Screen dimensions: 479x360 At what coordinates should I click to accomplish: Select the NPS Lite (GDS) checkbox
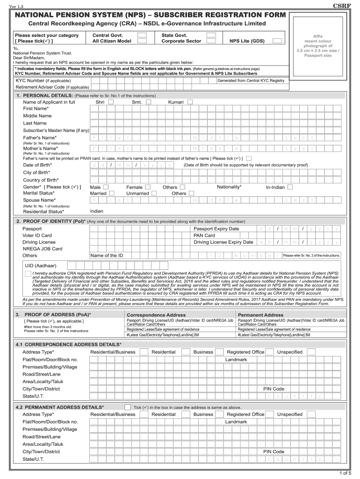tap(278, 41)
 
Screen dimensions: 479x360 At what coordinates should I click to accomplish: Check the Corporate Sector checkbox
tap(211, 41)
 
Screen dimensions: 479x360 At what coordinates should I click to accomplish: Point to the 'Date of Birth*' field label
tap(38, 165)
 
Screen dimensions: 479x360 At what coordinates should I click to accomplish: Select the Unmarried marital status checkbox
tap(155, 193)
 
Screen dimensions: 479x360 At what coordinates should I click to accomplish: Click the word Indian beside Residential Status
tap(97, 211)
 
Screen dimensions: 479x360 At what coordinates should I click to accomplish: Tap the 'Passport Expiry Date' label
tap(216, 229)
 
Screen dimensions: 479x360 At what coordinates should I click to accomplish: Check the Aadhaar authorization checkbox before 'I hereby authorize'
tap(29, 273)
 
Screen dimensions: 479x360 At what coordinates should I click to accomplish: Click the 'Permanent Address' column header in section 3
tap(260, 315)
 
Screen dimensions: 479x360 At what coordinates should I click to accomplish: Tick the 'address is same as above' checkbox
tap(128, 407)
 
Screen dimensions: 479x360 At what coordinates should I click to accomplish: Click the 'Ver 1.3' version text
tap(10, 5)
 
